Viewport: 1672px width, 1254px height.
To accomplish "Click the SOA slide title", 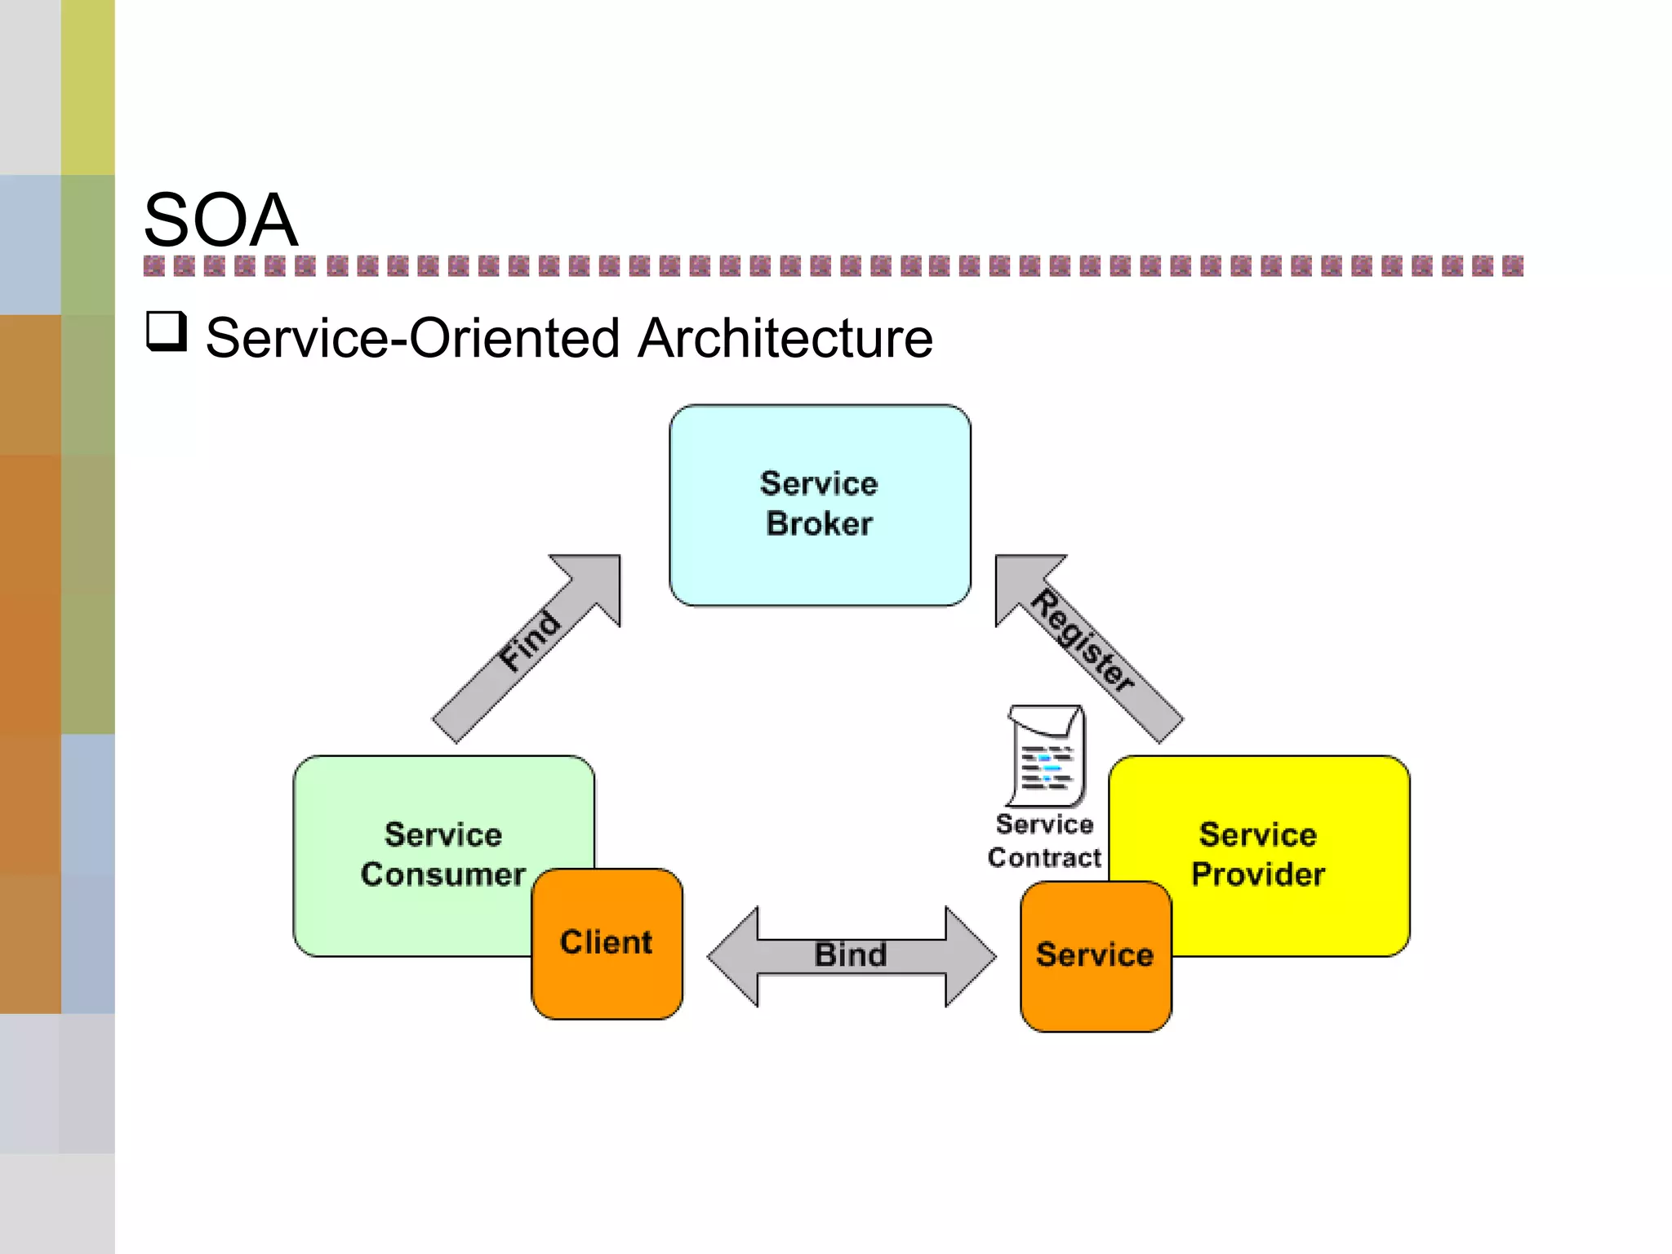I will pyautogui.click(x=220, y=220).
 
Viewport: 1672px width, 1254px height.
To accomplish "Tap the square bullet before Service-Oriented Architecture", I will pyautogui.click(x=167, y=331).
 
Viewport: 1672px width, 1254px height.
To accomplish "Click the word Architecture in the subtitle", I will pyautogui.click(x=785, y=338).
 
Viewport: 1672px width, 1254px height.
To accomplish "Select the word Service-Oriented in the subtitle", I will pyautogui.click(x=412, y=338).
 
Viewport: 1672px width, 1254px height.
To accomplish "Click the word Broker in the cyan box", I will pyautogui.click(x=819, y=524).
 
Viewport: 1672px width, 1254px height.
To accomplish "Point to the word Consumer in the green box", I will pyautogui.click(x=442, y=874).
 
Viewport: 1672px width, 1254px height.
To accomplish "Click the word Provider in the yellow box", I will pyautogui.click(x=1257, y=874).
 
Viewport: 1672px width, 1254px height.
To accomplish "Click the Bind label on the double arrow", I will pyautogui.click(x=850, y=954).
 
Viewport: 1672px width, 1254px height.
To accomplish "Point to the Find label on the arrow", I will pyautogui.click(x=531, y=642).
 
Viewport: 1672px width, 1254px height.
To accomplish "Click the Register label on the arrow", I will pyautogui.click(x=1083, y=642).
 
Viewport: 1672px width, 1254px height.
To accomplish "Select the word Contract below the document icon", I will pyautogui.click(x=1044, y=858).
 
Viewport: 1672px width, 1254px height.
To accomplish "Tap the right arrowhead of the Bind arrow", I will pyautogui.click(x=970, y=956).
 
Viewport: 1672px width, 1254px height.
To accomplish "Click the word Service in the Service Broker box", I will pyautogui.click(x=819, y=484).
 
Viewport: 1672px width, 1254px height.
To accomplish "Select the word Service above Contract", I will pyautogui.click(x=1044, y=825).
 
